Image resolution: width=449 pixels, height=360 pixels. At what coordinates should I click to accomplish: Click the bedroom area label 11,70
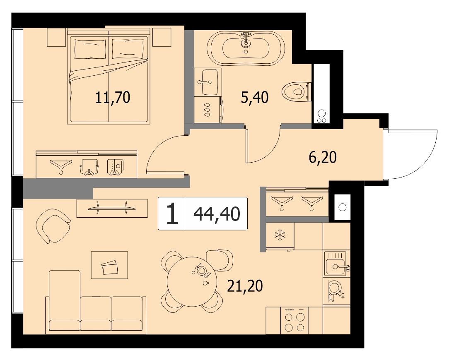pos(113,97)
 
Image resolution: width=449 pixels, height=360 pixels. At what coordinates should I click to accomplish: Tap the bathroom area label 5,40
pos(255,97)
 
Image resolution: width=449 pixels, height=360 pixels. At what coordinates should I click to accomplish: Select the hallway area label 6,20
pos(323,157)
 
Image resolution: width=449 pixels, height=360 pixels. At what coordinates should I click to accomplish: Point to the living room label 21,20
pos(245,286)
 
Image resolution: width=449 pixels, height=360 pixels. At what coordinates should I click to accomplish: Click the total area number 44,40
pos(217,214)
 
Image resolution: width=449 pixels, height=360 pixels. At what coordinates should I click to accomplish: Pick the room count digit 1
pos(172,214)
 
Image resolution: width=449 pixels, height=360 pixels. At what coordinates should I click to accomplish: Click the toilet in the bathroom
pos(296,91)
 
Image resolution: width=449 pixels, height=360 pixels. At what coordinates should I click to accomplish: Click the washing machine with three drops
pos(208,110)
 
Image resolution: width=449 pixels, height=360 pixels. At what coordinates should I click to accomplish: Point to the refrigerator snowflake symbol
pos(278,235)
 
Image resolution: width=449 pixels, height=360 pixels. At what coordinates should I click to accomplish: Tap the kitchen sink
pos(336,264)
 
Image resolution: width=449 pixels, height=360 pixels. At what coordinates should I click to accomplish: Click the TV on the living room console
pos(112,208)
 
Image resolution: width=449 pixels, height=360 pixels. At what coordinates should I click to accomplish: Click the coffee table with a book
pos(109,265)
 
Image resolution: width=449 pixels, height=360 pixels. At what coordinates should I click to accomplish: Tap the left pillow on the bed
pos(90,49)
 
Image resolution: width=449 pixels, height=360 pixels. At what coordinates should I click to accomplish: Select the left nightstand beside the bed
pos(56,37)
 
